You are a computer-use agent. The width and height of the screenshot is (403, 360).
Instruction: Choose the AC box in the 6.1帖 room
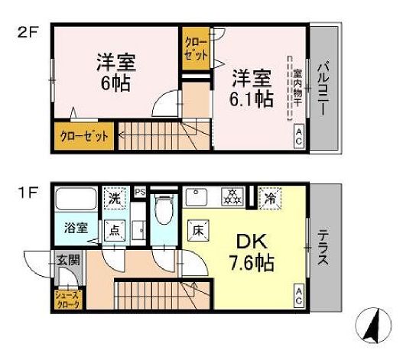coord(298,138)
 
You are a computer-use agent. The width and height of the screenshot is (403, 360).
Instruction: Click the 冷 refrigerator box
coord(270,196)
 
